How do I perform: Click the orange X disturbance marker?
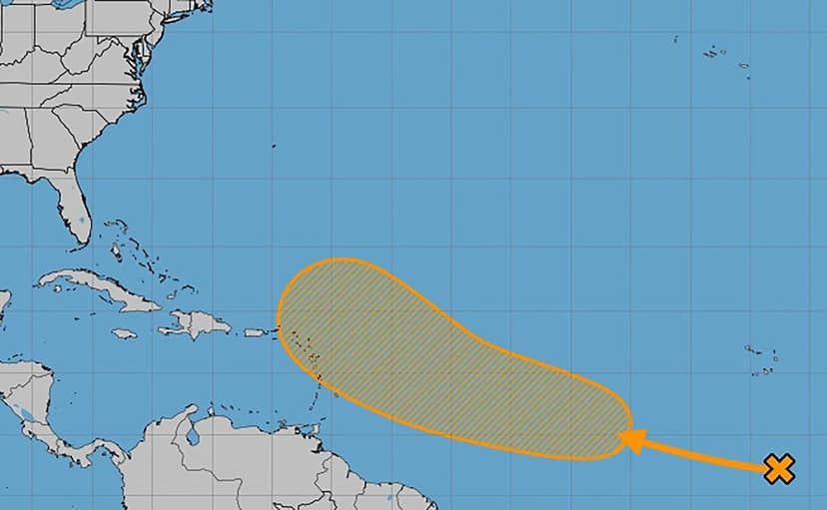779,468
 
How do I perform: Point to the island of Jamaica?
124,333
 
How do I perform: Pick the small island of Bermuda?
274,147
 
